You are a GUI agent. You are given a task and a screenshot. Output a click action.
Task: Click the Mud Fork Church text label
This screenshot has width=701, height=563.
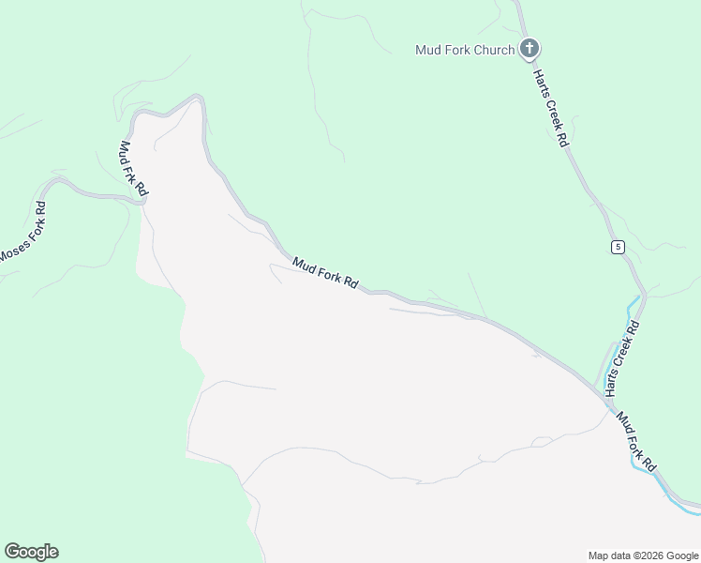[x=465, y=50]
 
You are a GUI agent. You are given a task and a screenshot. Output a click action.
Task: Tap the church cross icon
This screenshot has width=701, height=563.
[x=529, y=49]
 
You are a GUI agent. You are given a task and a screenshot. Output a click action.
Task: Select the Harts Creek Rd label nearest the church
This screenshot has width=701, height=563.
[x=551, y=106]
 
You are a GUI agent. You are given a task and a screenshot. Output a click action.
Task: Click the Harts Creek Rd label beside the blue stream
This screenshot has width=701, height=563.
[x=621, y=358]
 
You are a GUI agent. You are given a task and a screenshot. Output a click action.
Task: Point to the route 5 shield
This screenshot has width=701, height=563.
[x=617, y=247]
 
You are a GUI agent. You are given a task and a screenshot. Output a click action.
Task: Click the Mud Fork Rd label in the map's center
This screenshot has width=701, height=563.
[x=325, y=273]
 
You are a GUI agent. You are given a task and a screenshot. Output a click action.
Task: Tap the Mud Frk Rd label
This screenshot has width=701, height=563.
[x=134, y=169]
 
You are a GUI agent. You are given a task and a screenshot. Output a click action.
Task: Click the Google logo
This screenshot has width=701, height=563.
[x=31, y=552]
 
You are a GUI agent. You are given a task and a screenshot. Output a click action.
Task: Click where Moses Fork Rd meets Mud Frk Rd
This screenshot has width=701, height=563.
[x=143, y=200]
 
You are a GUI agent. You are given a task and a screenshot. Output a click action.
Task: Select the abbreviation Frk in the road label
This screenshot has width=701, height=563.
[x=134, y=170]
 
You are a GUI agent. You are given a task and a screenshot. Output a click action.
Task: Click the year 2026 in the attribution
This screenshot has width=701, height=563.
[x=649, y=555]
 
